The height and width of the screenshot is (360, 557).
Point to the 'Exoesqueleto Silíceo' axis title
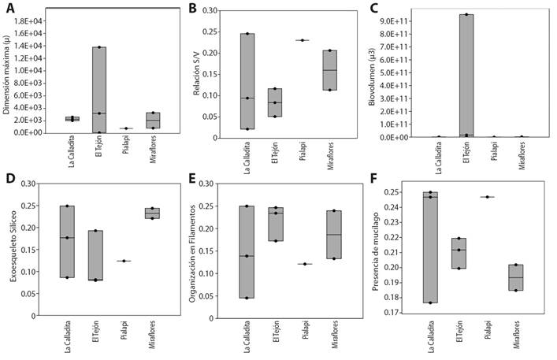[x=12, y=251]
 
